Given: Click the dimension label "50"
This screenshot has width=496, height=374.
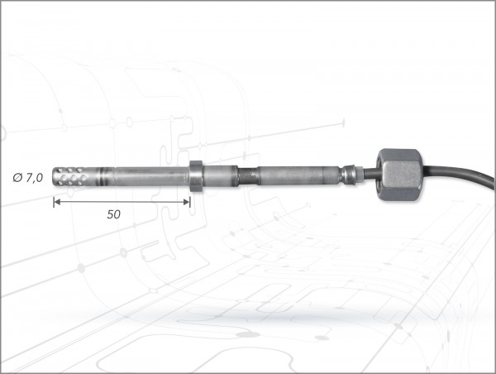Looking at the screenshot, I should click(114, 213).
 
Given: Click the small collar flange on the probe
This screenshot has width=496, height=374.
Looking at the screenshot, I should click(196, 176).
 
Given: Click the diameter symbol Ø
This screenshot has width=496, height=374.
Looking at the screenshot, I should click(19, 177).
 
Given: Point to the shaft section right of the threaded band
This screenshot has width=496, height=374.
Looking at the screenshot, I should click(298, 175).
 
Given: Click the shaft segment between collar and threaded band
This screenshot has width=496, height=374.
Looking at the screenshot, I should click(219, 176).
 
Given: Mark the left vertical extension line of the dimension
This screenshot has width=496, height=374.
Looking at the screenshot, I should click(54, 197).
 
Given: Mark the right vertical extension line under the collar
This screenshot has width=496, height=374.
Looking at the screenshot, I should click(192, 199).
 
